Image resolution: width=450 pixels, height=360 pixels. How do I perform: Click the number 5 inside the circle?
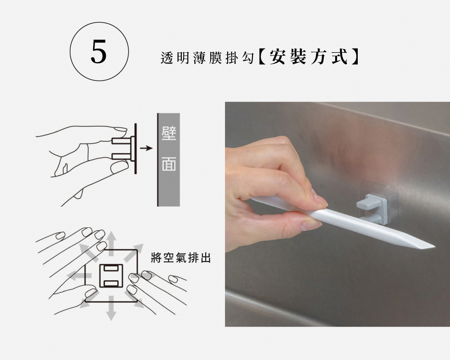click(99, 51)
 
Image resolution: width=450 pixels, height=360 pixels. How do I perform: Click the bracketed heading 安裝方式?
click(309, 57)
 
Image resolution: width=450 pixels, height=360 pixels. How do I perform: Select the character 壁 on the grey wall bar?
click(169, 134)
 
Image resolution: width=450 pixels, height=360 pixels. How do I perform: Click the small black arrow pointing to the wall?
click(146, 148)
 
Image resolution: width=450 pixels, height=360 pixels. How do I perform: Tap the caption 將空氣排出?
click(181, 257)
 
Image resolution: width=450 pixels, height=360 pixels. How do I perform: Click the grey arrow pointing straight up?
click(112, 243)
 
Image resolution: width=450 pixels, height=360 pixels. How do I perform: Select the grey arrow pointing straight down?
click(111, 308)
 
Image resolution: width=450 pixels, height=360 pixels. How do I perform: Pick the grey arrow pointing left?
click(79, 276)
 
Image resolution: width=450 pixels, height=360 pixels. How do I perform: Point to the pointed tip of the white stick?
click(434, 246)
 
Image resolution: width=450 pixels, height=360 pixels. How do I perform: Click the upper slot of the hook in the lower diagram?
click(111, 268)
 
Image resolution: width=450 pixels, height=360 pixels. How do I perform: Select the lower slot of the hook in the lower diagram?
click(111, 284)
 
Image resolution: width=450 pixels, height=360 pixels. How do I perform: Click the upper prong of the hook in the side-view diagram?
click(121, 141)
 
